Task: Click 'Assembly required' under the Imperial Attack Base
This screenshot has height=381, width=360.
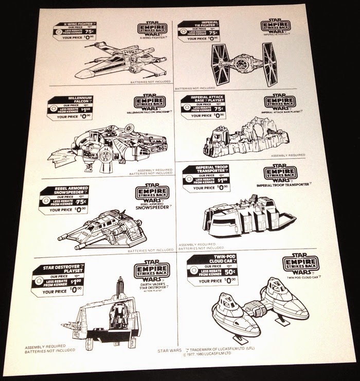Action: [287, 154]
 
